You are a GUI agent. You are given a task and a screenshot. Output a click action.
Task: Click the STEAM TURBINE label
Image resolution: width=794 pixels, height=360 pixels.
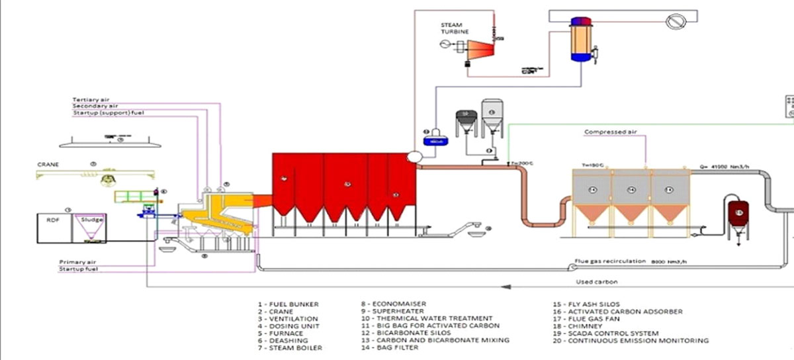tap(456, 28)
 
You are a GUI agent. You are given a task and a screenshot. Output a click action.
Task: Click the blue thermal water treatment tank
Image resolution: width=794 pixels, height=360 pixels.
tap(436, 140)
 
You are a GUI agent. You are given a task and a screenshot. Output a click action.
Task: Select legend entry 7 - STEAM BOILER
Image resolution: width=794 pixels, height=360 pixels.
tap(286, 347)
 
